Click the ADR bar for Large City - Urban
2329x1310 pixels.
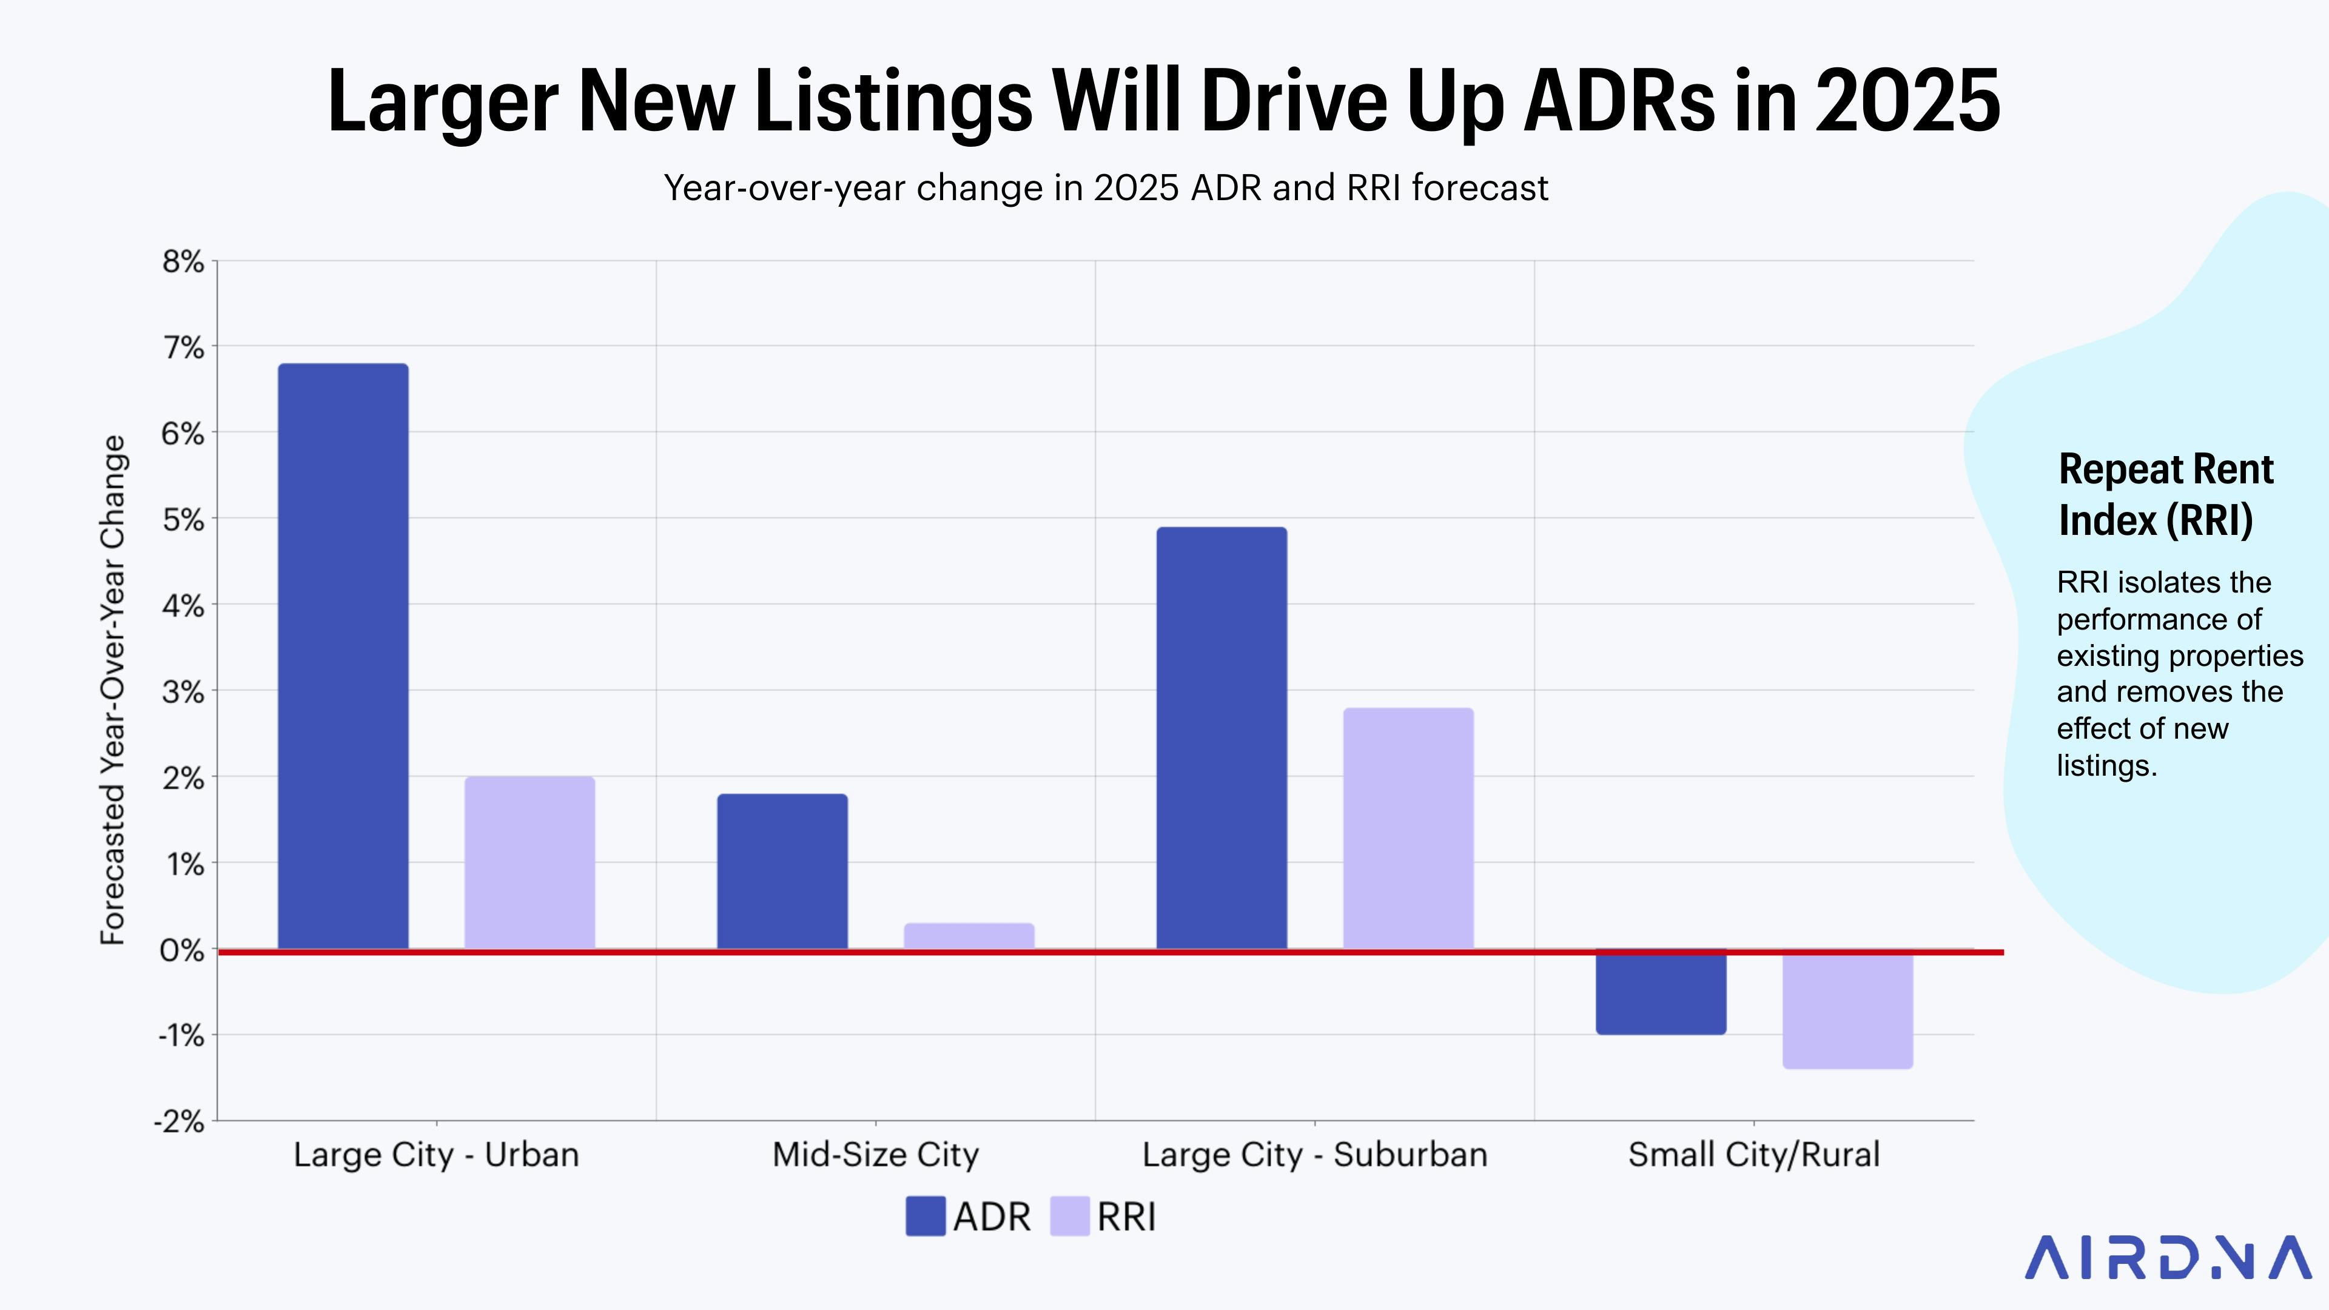[343, 656]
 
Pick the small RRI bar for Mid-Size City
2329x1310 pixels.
[969, 936]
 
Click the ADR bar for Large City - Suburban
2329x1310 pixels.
[1222, 737]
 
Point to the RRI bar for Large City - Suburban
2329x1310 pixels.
[1408, 828]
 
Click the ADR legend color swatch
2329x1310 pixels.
[925, 1216]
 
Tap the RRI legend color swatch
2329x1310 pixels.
[1069, 1216]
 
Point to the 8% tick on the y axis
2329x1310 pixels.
[184, 261]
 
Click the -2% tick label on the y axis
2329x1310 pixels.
[180, 1121]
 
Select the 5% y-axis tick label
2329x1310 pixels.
[184, 520]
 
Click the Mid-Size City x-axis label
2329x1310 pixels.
[875, 1155]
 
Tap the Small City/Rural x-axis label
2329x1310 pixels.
[1754, 1155]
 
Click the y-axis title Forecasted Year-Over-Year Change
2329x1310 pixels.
[113, 690]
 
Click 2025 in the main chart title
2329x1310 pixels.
[1907, 101]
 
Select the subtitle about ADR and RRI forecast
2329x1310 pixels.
[1106, 188]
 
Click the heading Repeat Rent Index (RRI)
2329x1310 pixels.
[2165, 494]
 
